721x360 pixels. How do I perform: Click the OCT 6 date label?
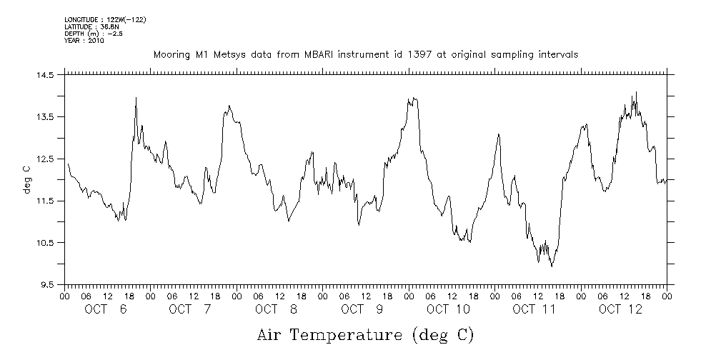(106, 309)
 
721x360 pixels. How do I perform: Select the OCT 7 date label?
(191, 309)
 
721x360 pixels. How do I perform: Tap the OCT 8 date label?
(277, 309)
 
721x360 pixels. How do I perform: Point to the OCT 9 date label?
(362, 309)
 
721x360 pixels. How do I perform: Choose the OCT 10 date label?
(448, 309)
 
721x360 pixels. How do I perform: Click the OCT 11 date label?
(534, 309)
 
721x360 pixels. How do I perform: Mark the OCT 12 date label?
(620, 309)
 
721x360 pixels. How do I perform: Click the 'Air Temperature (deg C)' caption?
(365, 334)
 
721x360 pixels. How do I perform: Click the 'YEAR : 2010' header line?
(84, 41)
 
